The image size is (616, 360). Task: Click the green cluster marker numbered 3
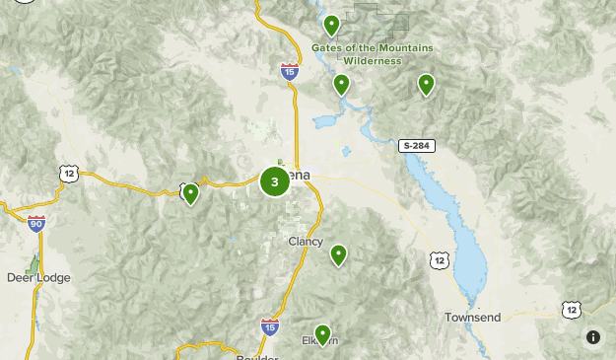(274, 181)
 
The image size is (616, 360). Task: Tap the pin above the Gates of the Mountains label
(332, 26)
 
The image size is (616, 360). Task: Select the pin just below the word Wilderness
(341, 85)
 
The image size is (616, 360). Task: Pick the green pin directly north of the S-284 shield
(426, 85)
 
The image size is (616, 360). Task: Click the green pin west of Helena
(191, 193)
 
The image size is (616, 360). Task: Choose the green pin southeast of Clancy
(338, 255)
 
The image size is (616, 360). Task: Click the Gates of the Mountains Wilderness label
(359, 54)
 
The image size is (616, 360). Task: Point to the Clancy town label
(306, 242)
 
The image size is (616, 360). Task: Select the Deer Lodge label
(38, 278)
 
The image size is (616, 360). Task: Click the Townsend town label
(473, 318)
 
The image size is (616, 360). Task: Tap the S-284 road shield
(415, 146)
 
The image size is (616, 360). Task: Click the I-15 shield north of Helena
(289, 71)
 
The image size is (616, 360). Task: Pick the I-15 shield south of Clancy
(269, 325)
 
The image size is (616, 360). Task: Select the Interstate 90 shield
(36, 224)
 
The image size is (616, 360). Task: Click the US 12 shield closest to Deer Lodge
(68, 174)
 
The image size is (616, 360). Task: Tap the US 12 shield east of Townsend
(572, 310)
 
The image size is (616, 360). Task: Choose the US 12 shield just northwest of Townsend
(440, 259)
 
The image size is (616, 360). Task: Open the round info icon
(593, 337)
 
